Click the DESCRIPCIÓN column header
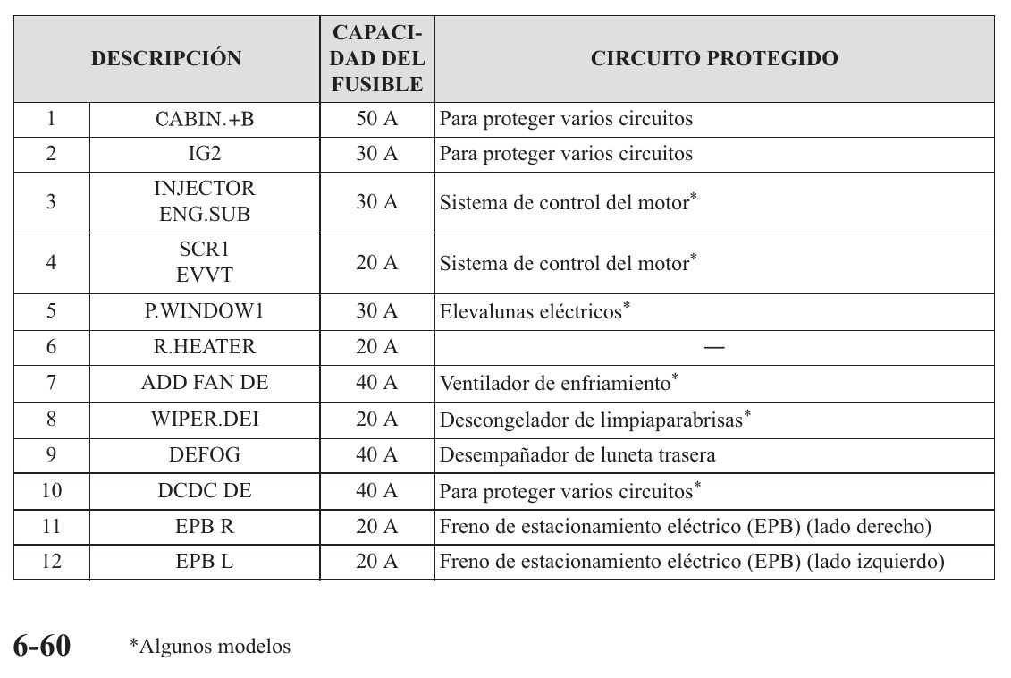pyautogui.click(x=166, y=59)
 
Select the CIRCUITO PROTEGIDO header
pyautogui.click(x=714, y=59)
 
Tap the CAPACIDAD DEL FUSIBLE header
pyautogui.click(x=377, y=59)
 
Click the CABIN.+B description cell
pyautogui.click(x=205, y=119)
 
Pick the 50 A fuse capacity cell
pyautogui.click(x=377, y=119)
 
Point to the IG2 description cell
pyautogui.click(x=205, y=154)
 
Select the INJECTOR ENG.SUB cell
pyautogui.click(x=205, y=202)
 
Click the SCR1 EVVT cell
pyautogui.click(x=205, y=263)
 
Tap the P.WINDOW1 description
pyautogui.click(x=205, y=311)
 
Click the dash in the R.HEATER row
pyautogui.click(x=714, y=348)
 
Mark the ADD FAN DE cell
pyautogui.click(x=205, y=384)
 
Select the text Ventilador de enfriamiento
pyautogui.click(x=555, y=384)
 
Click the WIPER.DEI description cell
pyautogui.click(x=205, y=419)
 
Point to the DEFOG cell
pyautogui.click(x=205, y=454)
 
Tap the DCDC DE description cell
pyautogui.click(x=205, y=491)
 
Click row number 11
pyautogui.click(x=51, y=527)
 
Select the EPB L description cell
pyautogui.click(x=205, y=563)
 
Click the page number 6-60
pyautogui.click(x=41, y=646)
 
